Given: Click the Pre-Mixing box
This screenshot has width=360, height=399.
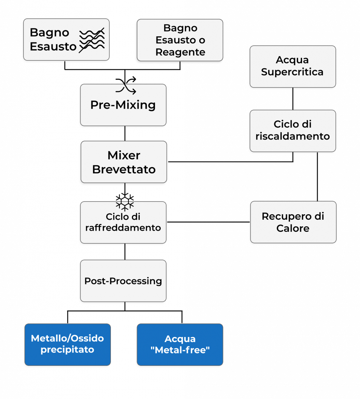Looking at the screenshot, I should (123, 105).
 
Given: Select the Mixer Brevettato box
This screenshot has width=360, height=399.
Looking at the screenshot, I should (124, 162).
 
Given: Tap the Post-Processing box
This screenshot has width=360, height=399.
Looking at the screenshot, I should (123, 281).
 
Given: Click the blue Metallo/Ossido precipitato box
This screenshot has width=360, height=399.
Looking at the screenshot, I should (67, 344).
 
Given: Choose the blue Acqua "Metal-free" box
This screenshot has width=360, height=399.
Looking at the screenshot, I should (180, 344).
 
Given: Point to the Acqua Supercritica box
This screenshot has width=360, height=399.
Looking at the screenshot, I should (293, 66).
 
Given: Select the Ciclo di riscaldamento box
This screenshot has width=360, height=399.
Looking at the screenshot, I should (293, 131).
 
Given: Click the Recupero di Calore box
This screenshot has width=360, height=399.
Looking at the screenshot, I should (293, 222).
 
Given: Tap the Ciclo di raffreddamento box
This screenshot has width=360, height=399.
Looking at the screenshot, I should (123, 222).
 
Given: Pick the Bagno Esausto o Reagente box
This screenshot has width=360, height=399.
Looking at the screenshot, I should (180, 40).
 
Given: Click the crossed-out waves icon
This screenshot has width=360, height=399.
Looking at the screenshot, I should (92, 40).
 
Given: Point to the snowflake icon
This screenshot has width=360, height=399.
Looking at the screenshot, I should (125, 205).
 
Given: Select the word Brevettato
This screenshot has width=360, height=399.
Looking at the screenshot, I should (124, 169).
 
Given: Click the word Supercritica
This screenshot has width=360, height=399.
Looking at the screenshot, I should (292, 72).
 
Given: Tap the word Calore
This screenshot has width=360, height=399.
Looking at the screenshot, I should (293, 228).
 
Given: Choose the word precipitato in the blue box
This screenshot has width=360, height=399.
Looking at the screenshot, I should (67, 350).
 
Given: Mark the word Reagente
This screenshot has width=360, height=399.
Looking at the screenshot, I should (180, 52).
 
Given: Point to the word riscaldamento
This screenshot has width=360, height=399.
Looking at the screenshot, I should (293, 136).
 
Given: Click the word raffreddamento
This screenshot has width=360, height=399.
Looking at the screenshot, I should (123, 228).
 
